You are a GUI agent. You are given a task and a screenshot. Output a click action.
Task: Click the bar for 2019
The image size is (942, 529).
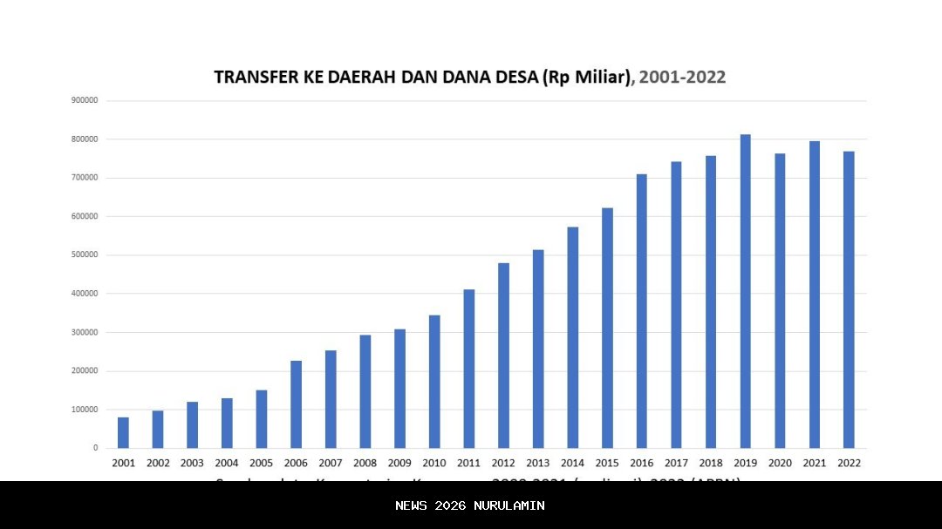745,291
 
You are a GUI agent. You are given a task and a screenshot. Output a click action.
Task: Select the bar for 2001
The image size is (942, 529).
123,432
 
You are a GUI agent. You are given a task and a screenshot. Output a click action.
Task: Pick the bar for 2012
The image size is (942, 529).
503,356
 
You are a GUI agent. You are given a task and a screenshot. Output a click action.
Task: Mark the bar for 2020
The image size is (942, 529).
780,301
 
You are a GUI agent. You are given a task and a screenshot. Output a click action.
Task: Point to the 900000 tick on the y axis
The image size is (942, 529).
85,100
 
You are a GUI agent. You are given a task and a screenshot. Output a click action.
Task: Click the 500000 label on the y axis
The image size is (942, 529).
85,255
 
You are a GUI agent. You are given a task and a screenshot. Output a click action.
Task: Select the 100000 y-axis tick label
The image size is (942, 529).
85,410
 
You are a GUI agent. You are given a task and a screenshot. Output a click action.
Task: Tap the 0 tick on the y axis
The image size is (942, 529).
96,448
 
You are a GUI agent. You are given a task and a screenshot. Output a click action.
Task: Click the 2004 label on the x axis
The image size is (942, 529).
227,464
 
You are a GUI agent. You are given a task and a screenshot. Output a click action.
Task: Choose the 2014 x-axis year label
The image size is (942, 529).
572,464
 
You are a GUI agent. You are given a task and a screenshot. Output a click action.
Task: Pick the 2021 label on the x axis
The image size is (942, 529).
814,464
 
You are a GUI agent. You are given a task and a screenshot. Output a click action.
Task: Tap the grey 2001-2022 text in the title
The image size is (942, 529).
682,78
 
